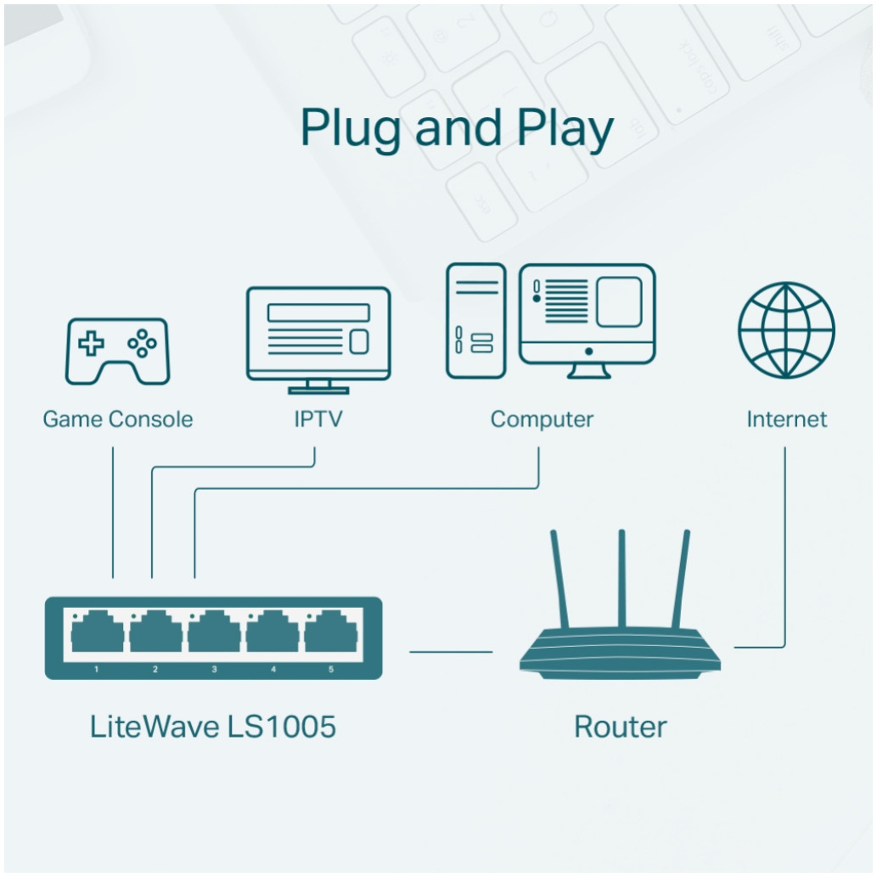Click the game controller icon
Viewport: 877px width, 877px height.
[118, 351]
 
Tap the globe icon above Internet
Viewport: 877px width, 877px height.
[786, 329]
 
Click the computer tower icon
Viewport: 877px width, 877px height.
[475, 320]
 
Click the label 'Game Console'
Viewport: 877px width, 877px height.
[118, 419]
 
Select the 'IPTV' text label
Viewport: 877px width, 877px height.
[318, 419]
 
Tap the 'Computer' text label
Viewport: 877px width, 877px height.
[542, 419]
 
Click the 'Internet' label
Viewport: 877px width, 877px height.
[786, 419]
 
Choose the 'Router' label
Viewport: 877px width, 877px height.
[621, 727]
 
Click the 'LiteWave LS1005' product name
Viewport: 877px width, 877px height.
[212, 727]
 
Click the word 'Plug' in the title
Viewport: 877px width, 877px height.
[349, 130]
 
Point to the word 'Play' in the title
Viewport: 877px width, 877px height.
[565, 130]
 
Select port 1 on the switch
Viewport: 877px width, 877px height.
[96, 633]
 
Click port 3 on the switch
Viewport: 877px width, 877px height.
[214, 633]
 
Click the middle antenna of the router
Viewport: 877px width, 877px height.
[621, 577]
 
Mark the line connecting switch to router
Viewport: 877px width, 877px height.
[451, 652]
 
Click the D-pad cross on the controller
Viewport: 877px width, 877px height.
[92, 343]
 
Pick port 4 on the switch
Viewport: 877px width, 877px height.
[273, 633]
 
